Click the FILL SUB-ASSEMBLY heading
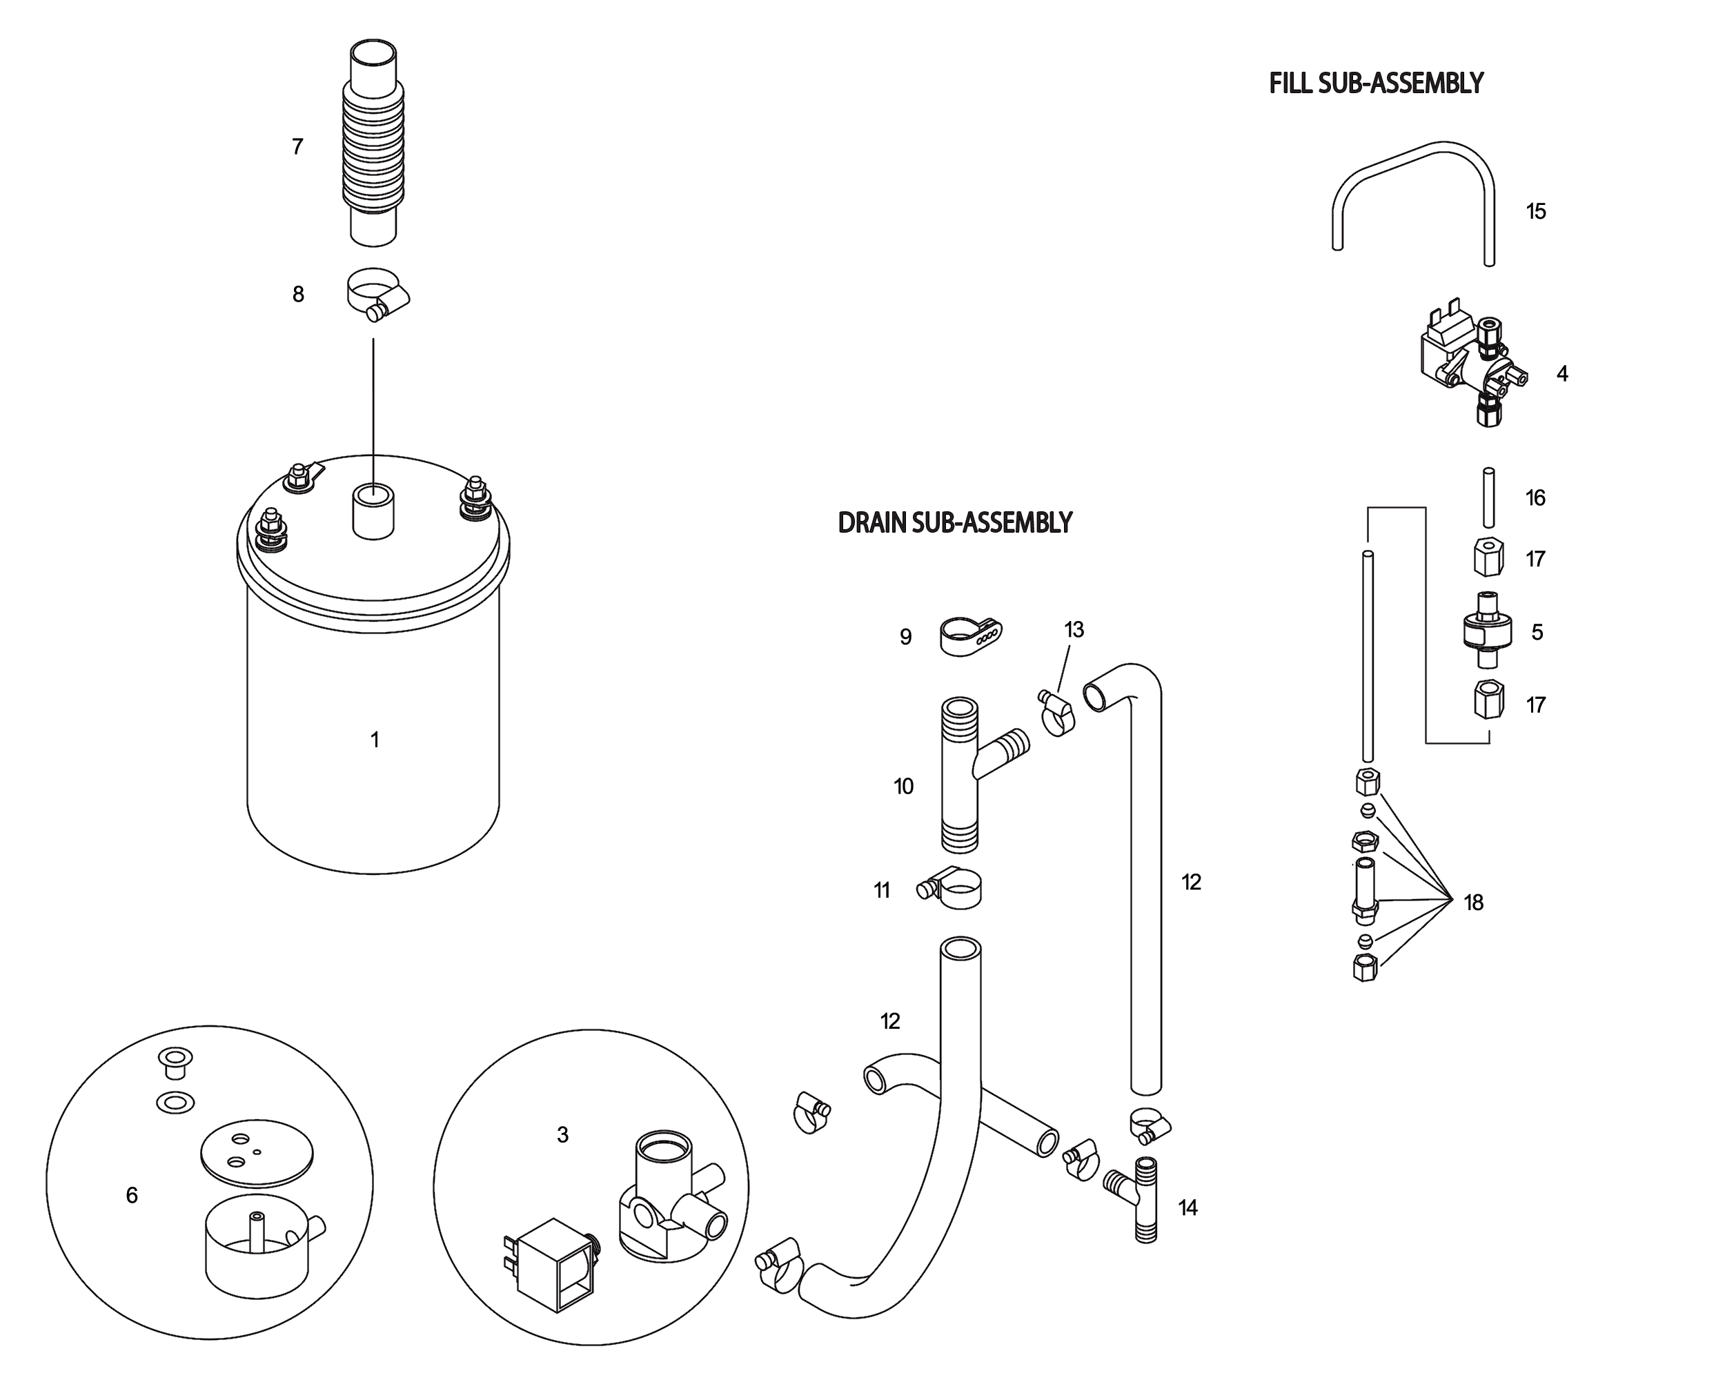click(1376, 83)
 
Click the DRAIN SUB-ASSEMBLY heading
click(954, 522)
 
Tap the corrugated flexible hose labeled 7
click(373, 152)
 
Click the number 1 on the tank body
click(375, 740)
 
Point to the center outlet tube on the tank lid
click(373, 512)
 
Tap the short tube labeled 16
click(1488, 497)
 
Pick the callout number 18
click(1474, 903)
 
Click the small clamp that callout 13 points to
click(1056, 713)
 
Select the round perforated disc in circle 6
click(256, 1152)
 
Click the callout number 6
click(132, 1195)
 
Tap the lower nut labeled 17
click(1488, 699)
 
